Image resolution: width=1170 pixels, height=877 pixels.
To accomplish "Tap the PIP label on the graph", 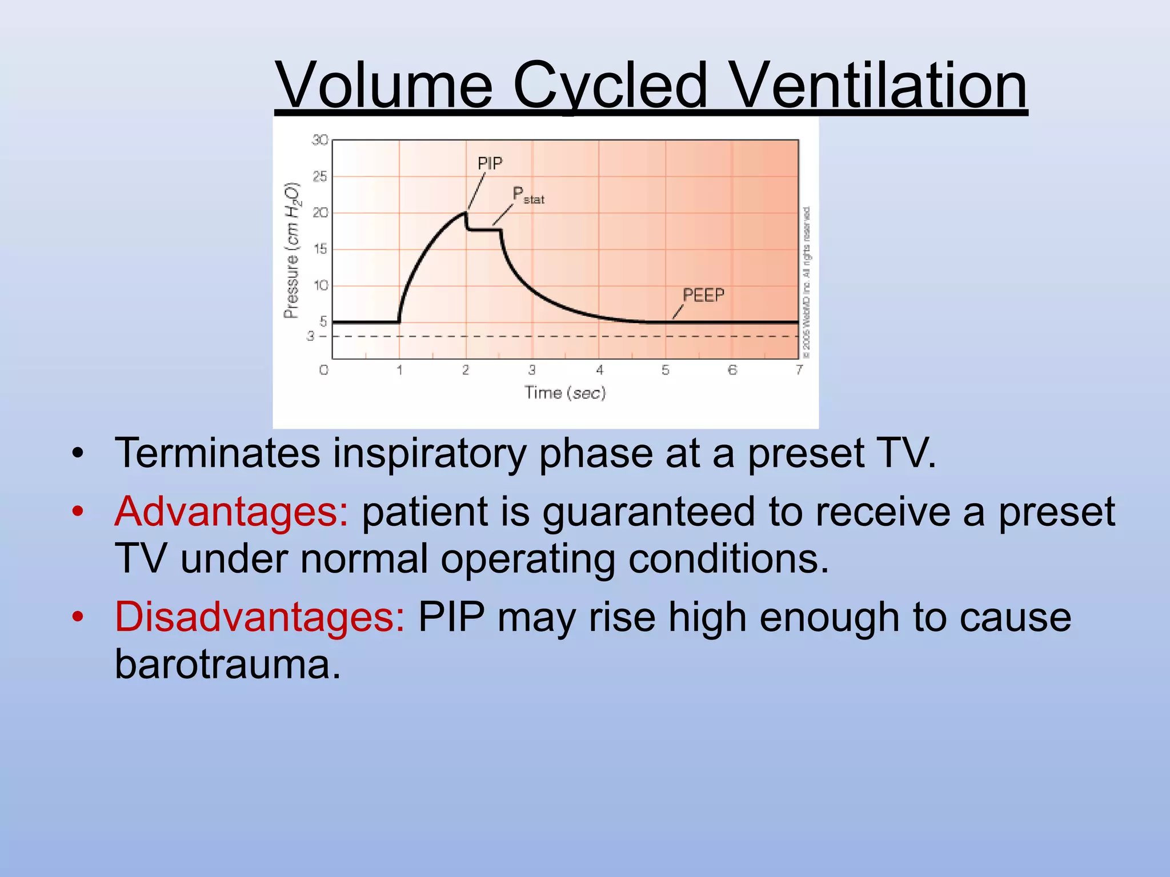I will coord(490,164).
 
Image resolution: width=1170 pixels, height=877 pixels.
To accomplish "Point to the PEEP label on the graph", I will coord(703,295).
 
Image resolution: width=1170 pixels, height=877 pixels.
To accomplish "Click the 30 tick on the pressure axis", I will coord(320,140).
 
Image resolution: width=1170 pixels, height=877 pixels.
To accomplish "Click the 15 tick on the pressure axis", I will coord(320,249).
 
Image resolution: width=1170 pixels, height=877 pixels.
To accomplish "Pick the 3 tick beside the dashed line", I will coord(310,336).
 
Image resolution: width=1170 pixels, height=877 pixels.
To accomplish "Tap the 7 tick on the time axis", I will coord(799,370).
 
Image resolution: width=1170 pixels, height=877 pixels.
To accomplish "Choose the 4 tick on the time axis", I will coord(599,370).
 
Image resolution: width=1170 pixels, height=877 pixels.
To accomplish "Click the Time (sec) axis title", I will coord(565,393).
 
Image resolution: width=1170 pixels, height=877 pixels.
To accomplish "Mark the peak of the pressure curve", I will coord(465,213).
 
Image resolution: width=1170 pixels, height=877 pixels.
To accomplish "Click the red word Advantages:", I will coord(231,512).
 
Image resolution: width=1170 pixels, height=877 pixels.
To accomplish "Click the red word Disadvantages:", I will coord(260,618).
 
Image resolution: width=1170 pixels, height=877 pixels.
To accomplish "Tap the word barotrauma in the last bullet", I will coord(227,665).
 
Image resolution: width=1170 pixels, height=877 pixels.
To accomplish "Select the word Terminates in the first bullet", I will coord(218,453).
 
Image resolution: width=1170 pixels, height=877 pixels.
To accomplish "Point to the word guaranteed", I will coord(648,512).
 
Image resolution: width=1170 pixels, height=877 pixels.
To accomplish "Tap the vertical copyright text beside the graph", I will coord(806,283).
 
